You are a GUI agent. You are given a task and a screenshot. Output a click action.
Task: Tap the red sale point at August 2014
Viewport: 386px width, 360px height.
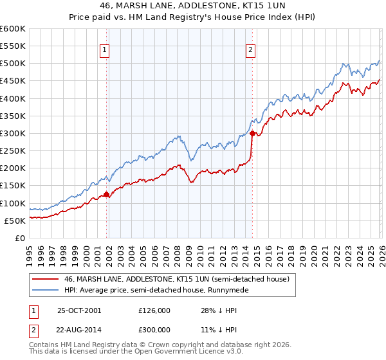click(x=252, y=134)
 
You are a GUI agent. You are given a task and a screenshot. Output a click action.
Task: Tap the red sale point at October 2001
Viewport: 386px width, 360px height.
click(x=107, y=194)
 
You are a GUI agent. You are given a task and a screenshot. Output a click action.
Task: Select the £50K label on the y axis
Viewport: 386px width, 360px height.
click(x=15, y=221)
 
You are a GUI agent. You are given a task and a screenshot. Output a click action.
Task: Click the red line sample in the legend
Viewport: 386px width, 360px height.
click(x=45, y=279)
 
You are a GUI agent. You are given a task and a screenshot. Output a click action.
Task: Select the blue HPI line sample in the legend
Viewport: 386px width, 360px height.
click(x=45, y=291)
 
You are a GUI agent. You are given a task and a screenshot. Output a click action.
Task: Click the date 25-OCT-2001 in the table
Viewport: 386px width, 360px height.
click(x=80, y=310)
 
